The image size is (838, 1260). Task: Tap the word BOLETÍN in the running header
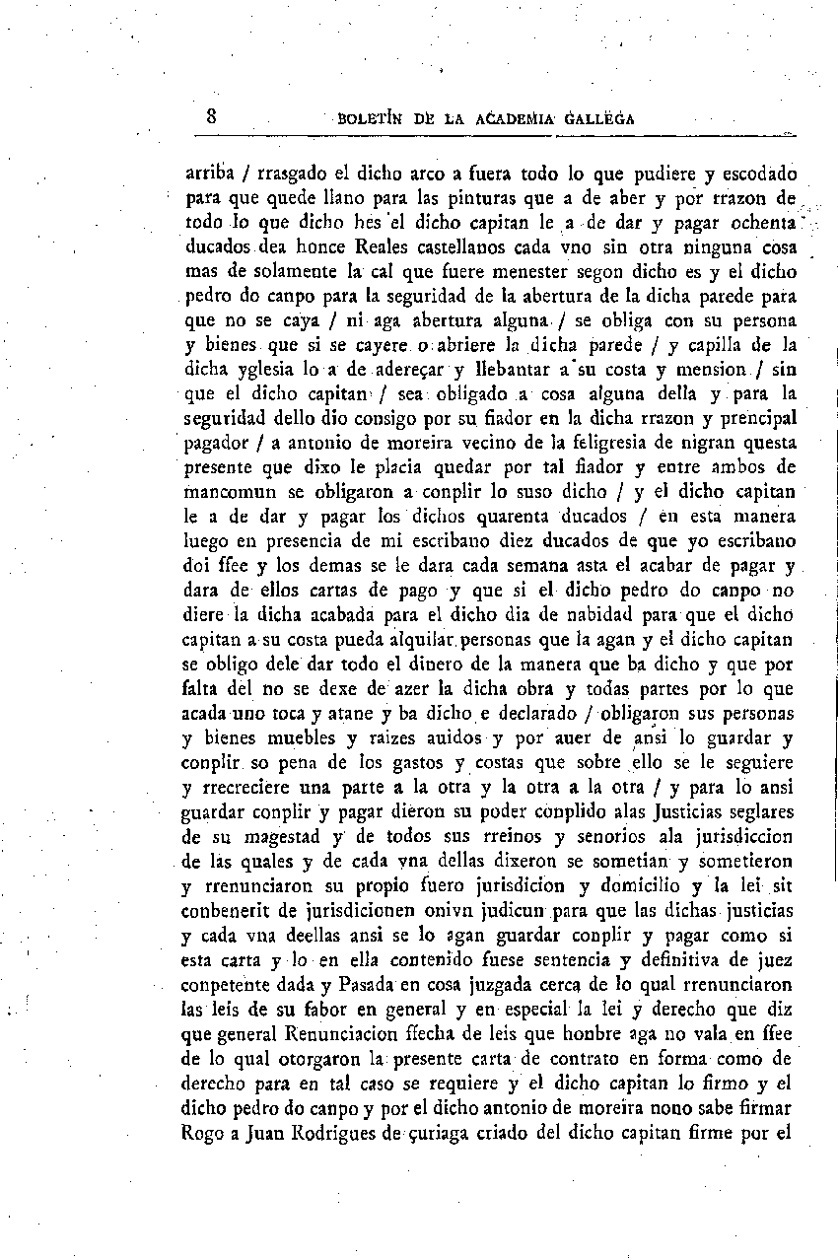(x=371, y=119)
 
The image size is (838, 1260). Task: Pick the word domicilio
(x=635, y=885)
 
